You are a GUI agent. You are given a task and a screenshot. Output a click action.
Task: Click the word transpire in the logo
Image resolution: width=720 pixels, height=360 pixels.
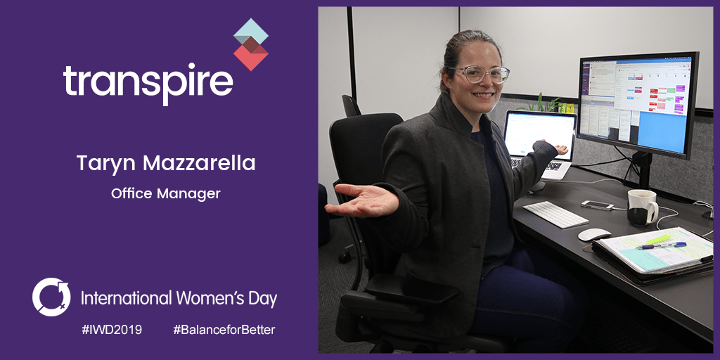[148, 84]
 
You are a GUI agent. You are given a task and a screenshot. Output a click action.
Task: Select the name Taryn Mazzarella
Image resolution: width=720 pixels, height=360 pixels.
[166, 163]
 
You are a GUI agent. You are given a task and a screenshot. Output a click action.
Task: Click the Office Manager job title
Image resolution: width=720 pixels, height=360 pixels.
[166, 194]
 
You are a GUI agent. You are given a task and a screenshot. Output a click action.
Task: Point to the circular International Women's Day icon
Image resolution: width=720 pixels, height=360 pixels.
[51, 297]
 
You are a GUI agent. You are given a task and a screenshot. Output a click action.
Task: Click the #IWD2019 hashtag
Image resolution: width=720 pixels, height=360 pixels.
[112, 330]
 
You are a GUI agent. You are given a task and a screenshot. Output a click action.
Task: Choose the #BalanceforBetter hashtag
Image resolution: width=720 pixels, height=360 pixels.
[224, 330]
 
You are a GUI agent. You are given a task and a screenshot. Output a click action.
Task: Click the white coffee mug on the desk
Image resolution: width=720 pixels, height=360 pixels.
[642, 207]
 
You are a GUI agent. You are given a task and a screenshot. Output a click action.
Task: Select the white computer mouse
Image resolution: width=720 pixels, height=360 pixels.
[593, 234]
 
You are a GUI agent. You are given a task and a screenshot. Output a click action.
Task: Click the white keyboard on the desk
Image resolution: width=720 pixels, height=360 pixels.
[555, 214]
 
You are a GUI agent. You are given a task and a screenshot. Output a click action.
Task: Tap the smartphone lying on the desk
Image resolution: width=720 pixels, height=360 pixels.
[597, 205]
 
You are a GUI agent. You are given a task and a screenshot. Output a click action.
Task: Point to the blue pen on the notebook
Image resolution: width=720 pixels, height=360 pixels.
[663, 245]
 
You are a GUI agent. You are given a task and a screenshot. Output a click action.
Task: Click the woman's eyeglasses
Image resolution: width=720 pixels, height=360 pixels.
[478, 74]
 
